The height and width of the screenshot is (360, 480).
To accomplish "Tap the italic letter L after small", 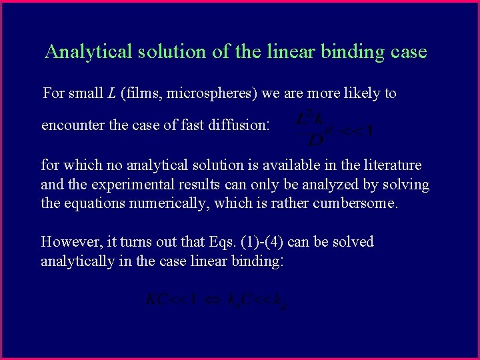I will [110, 93].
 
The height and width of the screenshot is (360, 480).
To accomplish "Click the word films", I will [143, 93].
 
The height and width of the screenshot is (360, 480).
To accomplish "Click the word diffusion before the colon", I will [239, 125].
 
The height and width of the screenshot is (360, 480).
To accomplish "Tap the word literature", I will [390, 165].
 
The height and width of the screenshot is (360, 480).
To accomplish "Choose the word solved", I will [352, 241].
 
